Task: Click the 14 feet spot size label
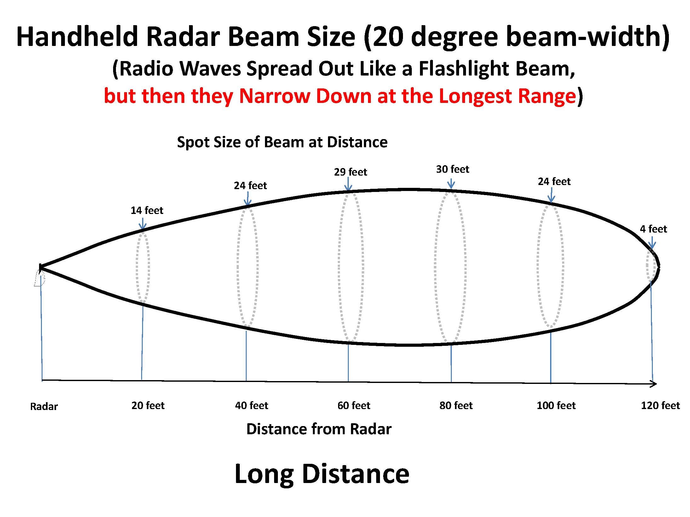(x=147, y=210)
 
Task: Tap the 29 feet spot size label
(x=350, y=172)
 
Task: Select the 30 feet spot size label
(x=452, y=169)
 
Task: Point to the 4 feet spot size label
(x=653, y=229)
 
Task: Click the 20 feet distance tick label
(x=148, y=405)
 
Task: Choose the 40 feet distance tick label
(x=251, y=405)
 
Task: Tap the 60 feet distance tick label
(x=354, y=405)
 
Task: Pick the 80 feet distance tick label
(x=456, y=405)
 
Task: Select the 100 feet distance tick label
(x=556, y=405)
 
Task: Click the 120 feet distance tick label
(x=660, y=405)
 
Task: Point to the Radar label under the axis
(x=44, y=406)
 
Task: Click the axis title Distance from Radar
(x=319, y=429)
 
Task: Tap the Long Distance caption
(x=322, y=474)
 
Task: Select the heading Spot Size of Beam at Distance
(x=282, y=142)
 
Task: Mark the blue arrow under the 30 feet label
(x=451, y=183)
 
